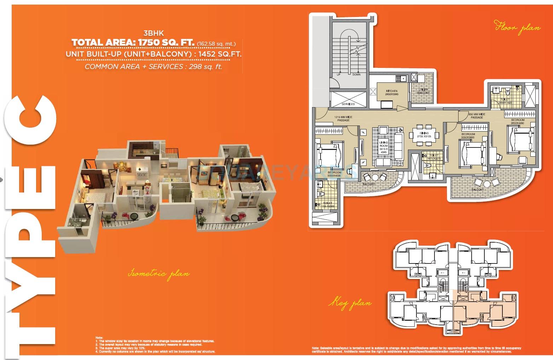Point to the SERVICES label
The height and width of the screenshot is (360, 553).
pyautogui.click(x=348, y=104)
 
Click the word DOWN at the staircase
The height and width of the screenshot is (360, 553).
pyautogui.click(x=356, y=75)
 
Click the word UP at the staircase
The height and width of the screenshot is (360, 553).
pyautogui.click(x=338, y=75)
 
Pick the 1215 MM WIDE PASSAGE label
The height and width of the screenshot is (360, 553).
pyautogui.click(x=343, y=118)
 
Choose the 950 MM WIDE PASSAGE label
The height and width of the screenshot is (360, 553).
pyautogui.click(x=477, y=116)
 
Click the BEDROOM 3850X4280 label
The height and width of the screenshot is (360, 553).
pyautogui.click(x=518, y=122)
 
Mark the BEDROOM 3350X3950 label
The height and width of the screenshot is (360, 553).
pyautogui.click(x=468, y=136)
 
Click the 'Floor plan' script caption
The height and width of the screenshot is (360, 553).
pyautogui.click(x=518, y=28)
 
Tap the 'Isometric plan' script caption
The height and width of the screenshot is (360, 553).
pyautogui.click(x=159, y=274)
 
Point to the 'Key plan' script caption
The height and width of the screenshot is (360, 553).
pyautogui.click(x=350, y=303)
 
